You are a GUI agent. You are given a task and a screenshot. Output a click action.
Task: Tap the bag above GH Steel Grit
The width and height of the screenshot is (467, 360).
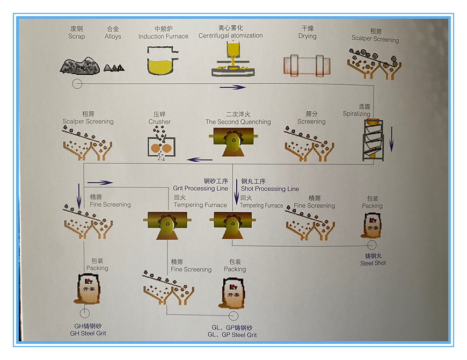[x=87, y=289]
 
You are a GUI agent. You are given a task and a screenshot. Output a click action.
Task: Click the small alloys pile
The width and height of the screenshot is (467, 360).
[x=114, y=68]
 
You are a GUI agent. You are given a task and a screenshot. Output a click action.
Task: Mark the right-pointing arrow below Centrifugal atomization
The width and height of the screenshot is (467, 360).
[x=232, y=87]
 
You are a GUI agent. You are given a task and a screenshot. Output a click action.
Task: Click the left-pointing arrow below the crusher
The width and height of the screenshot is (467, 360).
[x=199, y=159]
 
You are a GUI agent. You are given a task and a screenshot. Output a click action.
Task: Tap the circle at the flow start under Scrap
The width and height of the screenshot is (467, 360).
[x=77, y=84]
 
